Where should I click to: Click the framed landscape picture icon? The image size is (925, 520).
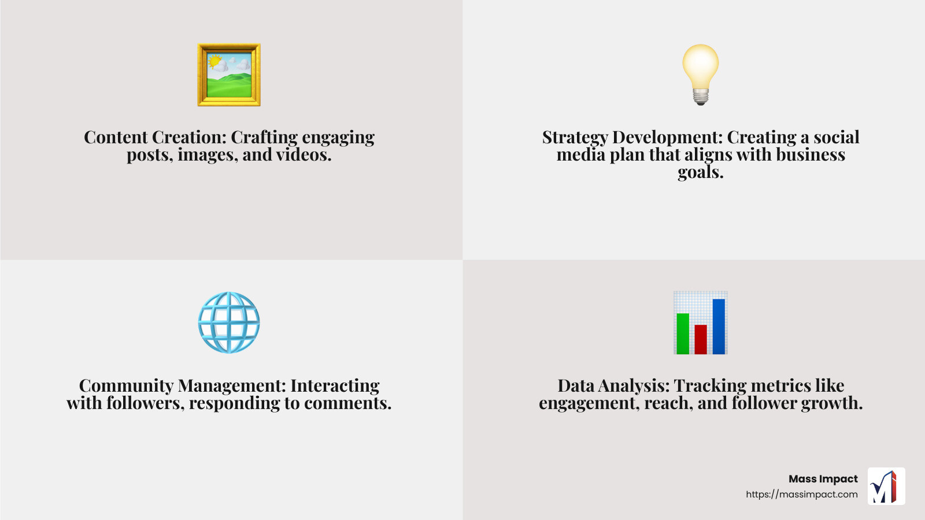(229, 75)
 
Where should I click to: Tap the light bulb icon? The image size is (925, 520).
(700, 75)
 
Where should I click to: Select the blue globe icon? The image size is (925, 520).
(229, 322)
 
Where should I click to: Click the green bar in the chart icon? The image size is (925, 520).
(683, 333)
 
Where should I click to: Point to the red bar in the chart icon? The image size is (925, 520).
(700, 339)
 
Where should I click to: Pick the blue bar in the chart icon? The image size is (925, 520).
(719, 326)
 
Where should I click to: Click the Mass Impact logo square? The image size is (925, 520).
(886, 486)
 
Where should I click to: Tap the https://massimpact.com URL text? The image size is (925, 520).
(801, 495)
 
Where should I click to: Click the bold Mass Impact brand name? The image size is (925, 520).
(823, 479)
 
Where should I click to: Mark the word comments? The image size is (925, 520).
(347, 403)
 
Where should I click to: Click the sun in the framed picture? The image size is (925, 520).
(214, 62)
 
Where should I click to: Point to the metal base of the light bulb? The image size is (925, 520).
(700, 98)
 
